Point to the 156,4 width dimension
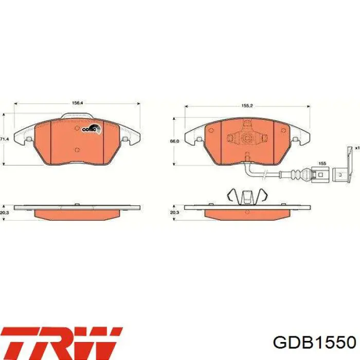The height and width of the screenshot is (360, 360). click(x=77, y=103)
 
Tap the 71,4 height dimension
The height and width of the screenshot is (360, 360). click(x=4, y=139)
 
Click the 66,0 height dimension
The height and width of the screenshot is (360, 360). click(x=174, y=141)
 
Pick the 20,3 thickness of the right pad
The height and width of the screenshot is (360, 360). click(x=174, y=212)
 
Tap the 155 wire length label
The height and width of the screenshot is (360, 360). click(x=322, y=163)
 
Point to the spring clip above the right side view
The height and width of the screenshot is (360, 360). click(x=247, y=196)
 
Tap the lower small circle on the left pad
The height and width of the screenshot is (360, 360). click(x=77, y=150)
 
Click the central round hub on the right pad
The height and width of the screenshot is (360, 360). click(x=247, y=137)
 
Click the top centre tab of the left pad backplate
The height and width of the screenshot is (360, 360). click(x=77, y=117)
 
